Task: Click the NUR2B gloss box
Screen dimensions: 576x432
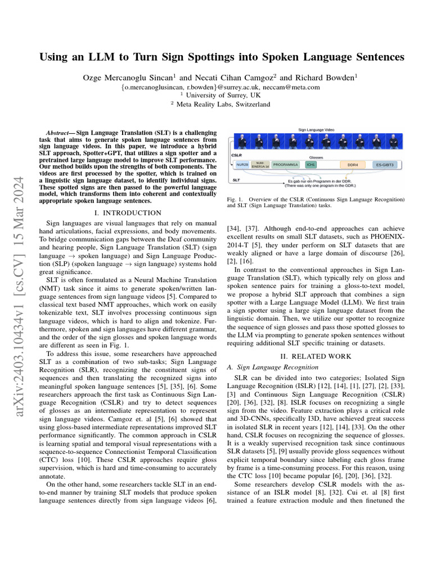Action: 242,165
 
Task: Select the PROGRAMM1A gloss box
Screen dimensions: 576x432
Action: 286,165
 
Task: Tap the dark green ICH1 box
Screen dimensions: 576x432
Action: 310,165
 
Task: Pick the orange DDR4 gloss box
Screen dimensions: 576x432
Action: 353,165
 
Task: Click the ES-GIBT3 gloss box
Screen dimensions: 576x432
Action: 385,165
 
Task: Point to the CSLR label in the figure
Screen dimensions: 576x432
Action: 236,154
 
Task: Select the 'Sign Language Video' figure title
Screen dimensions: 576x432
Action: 316,130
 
